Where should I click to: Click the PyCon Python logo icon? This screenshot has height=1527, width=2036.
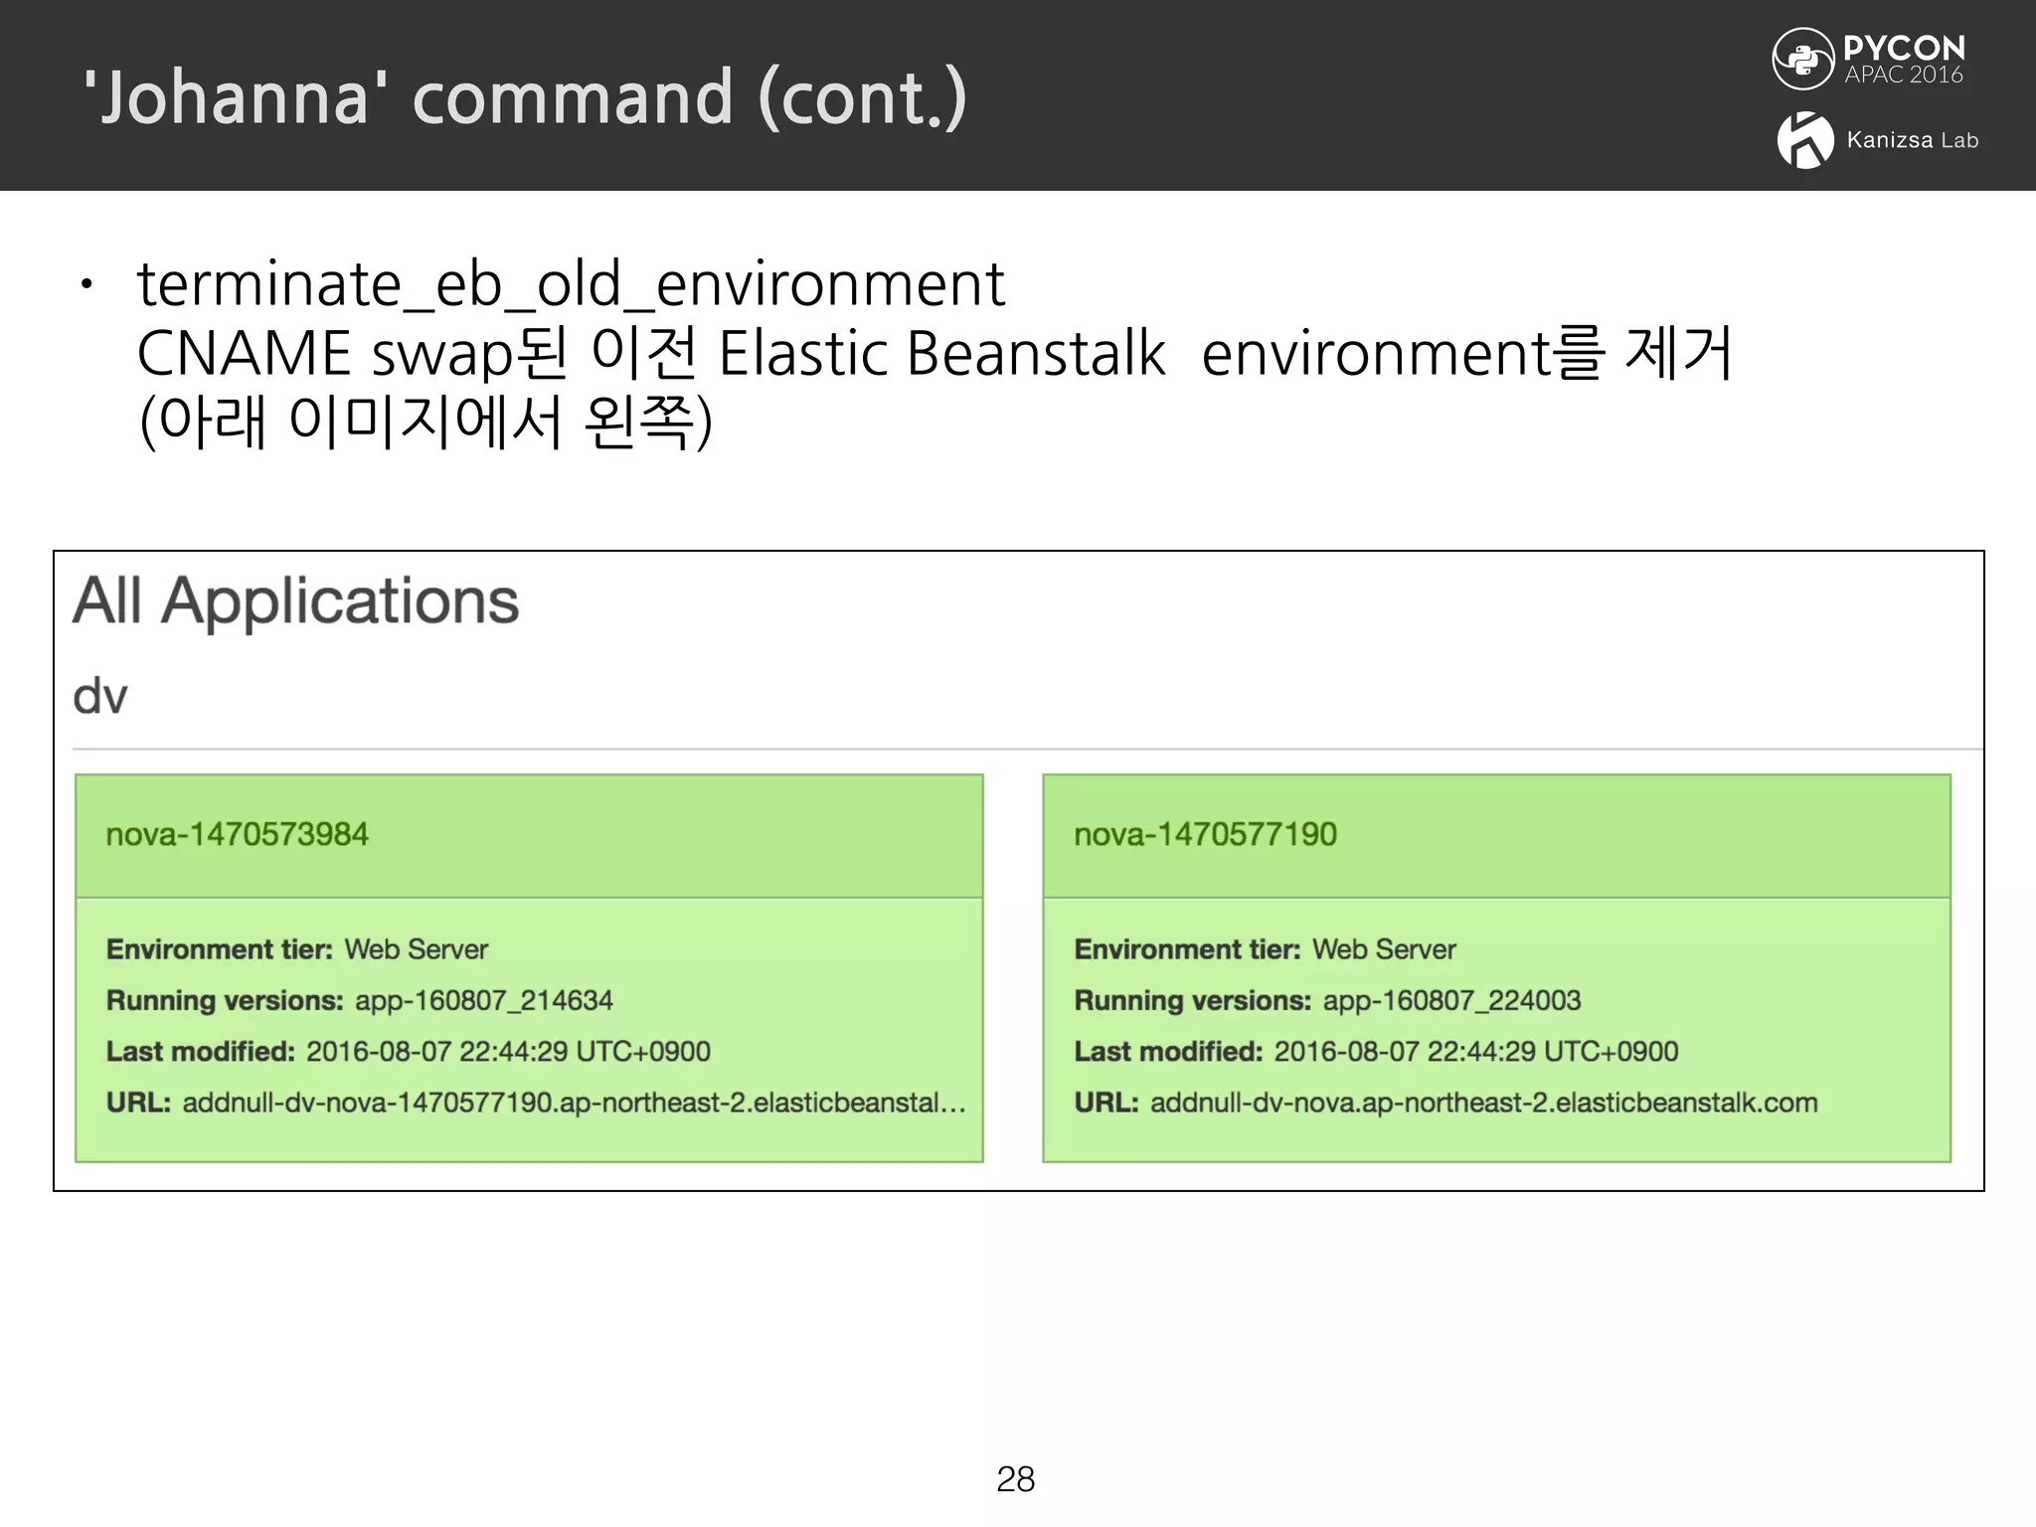click(1802, 59)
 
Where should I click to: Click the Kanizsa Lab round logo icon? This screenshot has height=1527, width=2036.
click(1805, 140)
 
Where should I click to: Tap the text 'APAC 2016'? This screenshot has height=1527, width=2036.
click(1903, 76)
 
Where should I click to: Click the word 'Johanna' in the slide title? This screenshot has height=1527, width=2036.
click(235, 97)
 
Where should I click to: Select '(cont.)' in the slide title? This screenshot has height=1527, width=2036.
click(862, 97)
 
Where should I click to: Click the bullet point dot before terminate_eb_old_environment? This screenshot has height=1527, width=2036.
click(87, 285)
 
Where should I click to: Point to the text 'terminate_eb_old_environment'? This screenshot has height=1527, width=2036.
click(571, 284)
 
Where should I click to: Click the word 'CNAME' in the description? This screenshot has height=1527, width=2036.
click(244, 354)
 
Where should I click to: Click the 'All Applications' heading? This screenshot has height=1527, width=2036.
click(296, 601)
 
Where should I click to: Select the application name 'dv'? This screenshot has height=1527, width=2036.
click(100, 696)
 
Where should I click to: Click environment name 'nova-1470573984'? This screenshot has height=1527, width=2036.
click(237, 834)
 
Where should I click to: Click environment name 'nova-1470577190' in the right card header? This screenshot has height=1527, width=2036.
click(1205, 834)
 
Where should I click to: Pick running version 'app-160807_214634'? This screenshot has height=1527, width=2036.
click(483, 1000)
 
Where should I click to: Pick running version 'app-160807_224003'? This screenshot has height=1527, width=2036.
click(1451, 1000)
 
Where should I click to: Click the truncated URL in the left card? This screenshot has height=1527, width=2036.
click(574, 1103)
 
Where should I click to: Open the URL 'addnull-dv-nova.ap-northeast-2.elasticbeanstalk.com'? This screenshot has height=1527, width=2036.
click(1483, 1103)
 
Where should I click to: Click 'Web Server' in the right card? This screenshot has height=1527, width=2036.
click(1383, 949)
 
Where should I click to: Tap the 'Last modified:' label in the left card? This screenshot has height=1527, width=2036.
click(200, 1052)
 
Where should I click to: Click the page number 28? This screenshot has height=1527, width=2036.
click(1015, 1479)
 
